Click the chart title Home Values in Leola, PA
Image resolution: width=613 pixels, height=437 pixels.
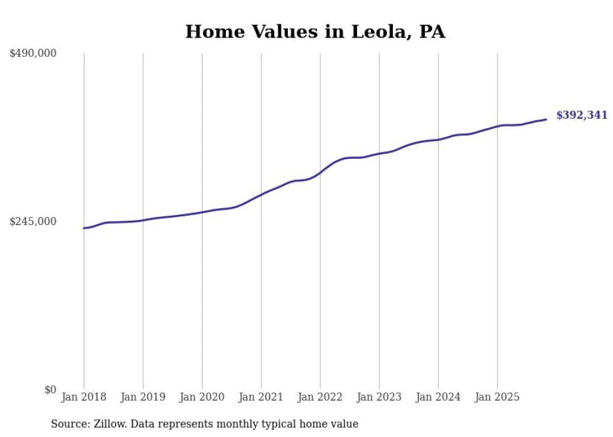pyautogui.click(x=315, y=32)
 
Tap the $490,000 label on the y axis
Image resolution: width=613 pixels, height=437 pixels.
pyautogui.click(x=33, y=53)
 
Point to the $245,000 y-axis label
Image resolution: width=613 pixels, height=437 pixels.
pyautogui.click(x=33, y=221)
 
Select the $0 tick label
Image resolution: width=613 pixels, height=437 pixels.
pyautogui.click(x=50, y=389)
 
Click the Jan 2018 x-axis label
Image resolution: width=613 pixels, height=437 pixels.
pyautogui.click(x=84, y=397)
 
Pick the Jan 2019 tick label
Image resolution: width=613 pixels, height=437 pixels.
pyautogui.click(x=143, y=397)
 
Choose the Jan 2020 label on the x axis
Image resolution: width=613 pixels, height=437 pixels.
pyautogui.click(x=202, y=397)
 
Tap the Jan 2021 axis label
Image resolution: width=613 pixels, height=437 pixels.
pyautogui.click(x=261, y=397)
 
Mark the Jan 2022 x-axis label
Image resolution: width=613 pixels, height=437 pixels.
pyautogui.click(x=320, y=397)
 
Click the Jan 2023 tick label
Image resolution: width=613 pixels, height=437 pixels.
pyautogui.click(x=379, y=397)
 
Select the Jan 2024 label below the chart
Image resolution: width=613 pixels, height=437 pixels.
pyautogui.click(x=438, y=397)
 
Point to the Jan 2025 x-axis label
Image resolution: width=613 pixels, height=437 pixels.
pyautogui.click(x=497, y=397)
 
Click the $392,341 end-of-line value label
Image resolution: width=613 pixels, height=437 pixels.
pyautogui.click(x=582, y=115)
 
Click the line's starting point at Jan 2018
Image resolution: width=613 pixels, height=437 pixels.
pyautogui.click(x=84, y=228)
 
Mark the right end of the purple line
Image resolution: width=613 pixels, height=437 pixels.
pyautogui.click(x=546, y=119)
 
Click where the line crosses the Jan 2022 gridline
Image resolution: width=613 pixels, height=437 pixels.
pyautogui.click(x=320, y=172)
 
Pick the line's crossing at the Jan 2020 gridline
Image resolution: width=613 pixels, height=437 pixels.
pyautogui.click(x=202, y=212)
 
